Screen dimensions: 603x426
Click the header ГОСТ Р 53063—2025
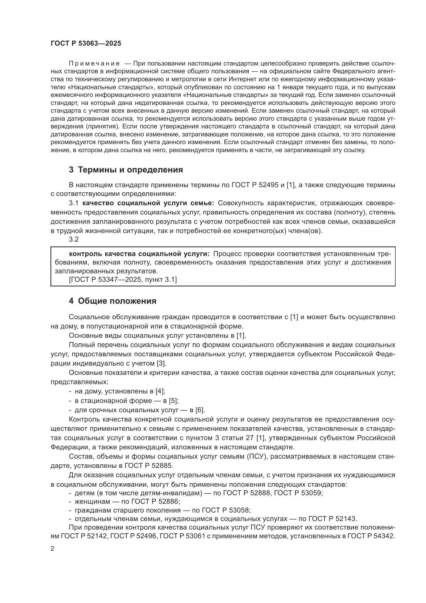(x=86, y=44)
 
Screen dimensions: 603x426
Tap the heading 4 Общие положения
(x=113, y=301)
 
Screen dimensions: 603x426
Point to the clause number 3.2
(x=74, y=239)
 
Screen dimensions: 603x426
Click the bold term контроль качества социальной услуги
(x=139, y=254)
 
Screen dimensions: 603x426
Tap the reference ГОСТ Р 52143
(x=332, y=519)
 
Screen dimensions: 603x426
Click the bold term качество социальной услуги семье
(x=148, y=203)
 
